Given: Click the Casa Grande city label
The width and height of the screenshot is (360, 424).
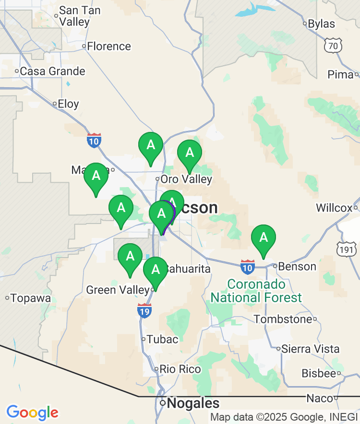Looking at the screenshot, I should [x=52, y=71].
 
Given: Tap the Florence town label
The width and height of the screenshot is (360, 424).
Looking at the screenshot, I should [x=109, y=47].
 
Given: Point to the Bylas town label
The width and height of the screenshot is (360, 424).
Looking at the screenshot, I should [x=321, y=24].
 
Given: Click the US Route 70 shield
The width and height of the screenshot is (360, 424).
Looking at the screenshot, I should [x=332, y=46].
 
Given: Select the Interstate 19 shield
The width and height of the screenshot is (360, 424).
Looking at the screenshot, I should [x=144, y=310].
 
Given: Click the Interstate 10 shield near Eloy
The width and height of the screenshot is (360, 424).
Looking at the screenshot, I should [x=94, y=141].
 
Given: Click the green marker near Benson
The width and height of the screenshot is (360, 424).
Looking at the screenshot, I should [x=264, y=238].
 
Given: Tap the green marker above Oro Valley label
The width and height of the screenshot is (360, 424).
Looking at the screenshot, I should [x=190, y=153].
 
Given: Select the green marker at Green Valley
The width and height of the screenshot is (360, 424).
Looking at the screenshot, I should [x=156, y=270].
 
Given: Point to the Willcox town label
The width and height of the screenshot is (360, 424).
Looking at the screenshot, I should [x=334, y=208].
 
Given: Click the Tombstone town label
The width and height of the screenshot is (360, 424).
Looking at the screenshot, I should [x=283, y=319].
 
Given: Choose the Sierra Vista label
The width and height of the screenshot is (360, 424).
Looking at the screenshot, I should [x=311, y=349].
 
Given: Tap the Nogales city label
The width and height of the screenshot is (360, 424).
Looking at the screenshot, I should [x=192, y=403].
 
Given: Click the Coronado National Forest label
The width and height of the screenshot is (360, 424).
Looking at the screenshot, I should [x=256, y=291].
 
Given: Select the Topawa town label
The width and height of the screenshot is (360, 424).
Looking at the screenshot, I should [x=31, y=298].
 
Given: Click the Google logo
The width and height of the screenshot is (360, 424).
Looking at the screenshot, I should [x=32, y=412].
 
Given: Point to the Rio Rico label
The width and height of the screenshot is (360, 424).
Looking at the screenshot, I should [x=180, y=369].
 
